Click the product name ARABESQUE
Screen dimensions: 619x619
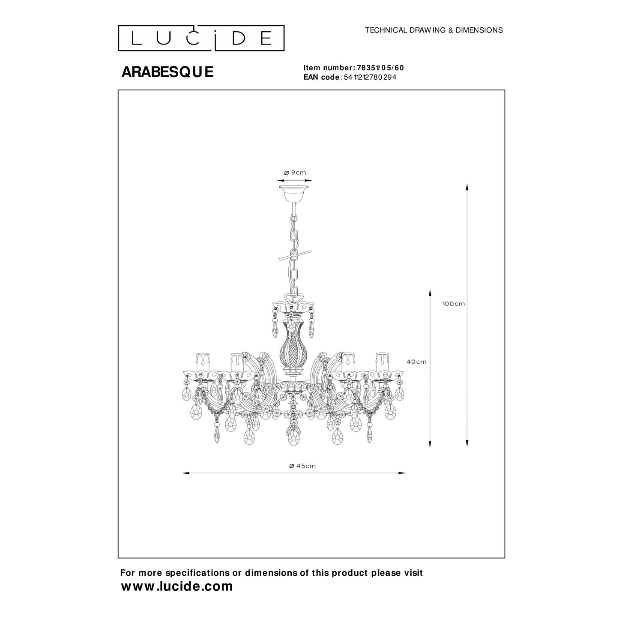167,72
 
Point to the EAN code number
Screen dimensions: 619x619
370,77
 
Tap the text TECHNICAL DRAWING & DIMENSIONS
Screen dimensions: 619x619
434,30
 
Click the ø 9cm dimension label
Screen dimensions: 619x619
295,173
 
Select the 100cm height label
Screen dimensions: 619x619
454,304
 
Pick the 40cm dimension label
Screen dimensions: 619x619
416,362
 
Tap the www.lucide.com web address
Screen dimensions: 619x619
177,586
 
